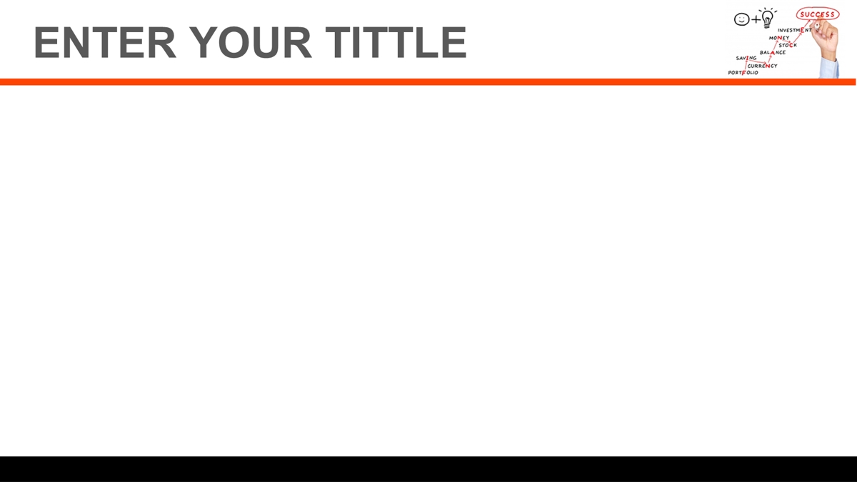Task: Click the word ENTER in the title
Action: point(105,42)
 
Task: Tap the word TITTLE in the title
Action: point(396,42)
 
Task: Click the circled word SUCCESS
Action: point(817,14)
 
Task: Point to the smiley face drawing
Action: point(741,19)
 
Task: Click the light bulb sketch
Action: point(768,18)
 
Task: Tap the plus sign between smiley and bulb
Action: point(756,19)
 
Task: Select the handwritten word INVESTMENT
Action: point(794,30)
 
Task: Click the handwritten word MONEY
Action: point(779,38)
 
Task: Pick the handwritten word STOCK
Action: point(787,45)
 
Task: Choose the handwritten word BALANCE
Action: point(773,52)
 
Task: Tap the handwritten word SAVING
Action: point(746,58)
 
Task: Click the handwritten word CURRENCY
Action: point(762,66)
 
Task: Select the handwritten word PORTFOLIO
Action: point(743,73)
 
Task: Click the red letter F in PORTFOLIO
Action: point(743,73)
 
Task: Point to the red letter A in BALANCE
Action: point(773,52)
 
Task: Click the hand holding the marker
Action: point(825,39)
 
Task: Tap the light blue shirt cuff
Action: point(829,68)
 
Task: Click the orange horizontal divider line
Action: point(428,82)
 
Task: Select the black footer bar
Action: point(428,469)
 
